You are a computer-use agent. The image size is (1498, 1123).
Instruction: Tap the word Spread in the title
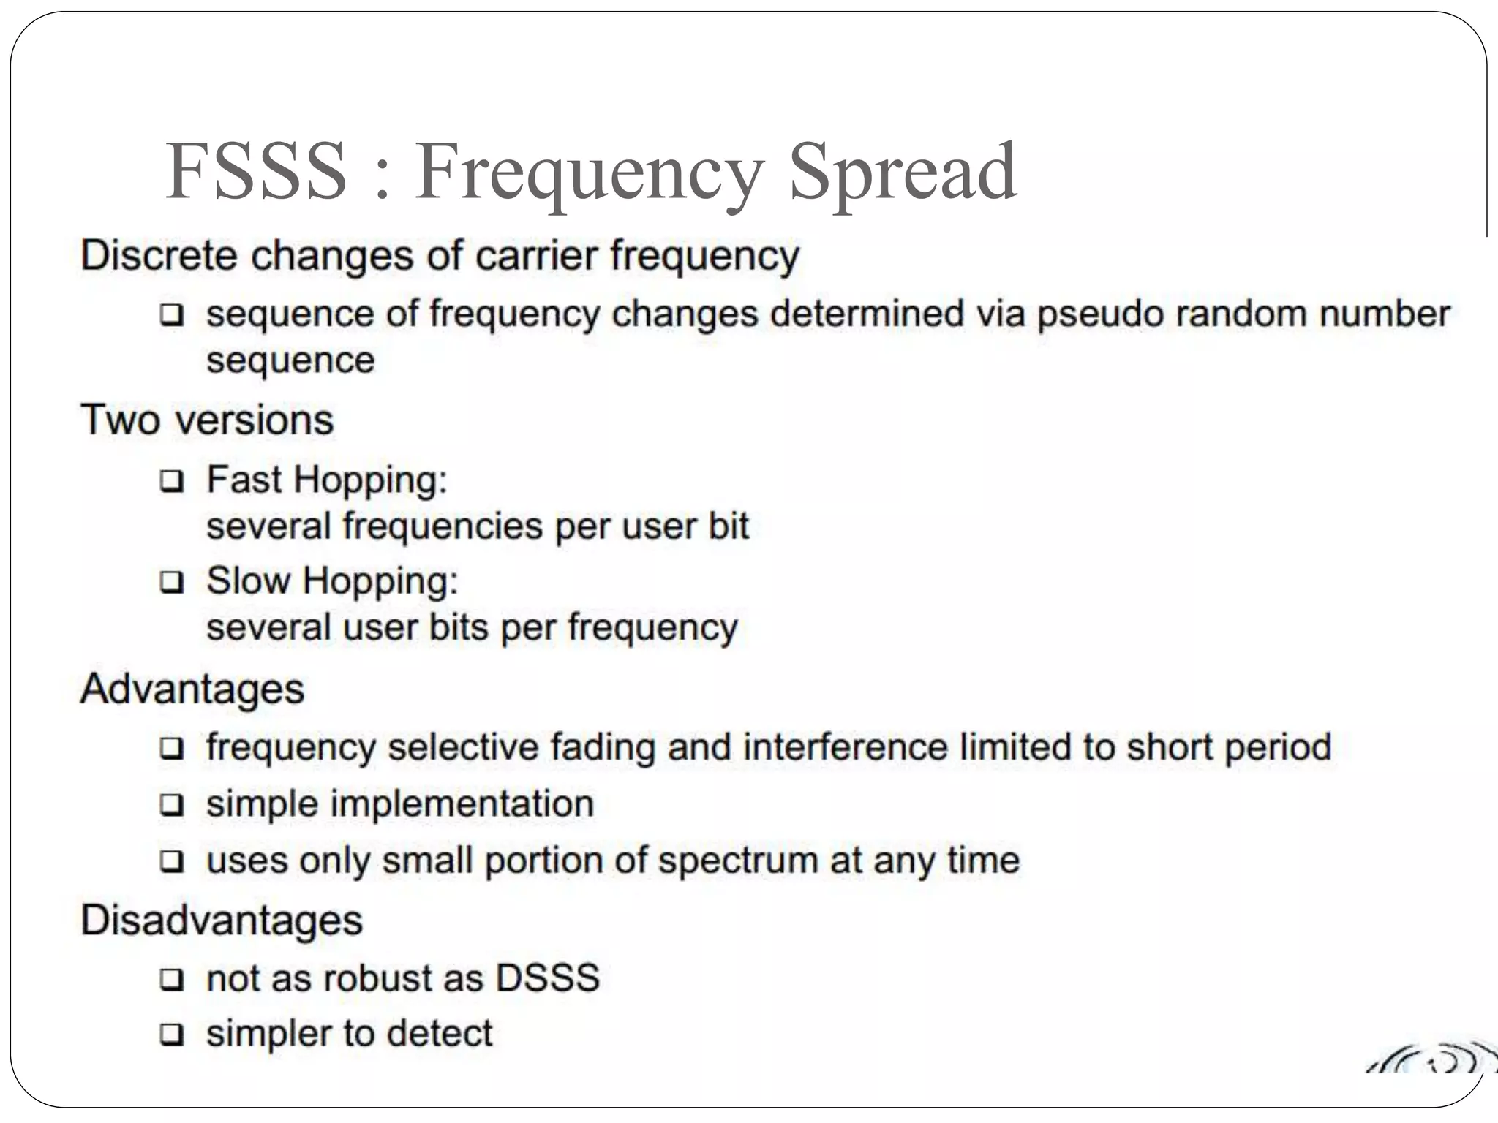click(x=903, y=173)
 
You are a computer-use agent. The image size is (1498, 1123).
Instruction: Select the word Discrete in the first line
click(x=159, y=256)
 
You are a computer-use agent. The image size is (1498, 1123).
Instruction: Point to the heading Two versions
click(x=207, y=420)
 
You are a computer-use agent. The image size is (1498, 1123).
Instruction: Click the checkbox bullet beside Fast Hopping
click(x=172, y=481)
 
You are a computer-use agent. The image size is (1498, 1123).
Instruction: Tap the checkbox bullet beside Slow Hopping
click(x=172, y=582)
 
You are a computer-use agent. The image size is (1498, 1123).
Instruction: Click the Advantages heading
click(x=192, y=689)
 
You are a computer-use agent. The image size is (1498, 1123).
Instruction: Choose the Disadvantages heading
click(x=222, y=920)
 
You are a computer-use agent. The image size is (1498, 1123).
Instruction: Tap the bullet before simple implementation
click(x=172, y=805)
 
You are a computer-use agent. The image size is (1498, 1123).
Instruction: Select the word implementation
click(x=462, y=804)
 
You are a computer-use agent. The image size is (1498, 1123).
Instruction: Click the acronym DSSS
click(x=548, y=978)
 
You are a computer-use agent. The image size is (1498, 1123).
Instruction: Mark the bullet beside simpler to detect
click(x=172, y=1035)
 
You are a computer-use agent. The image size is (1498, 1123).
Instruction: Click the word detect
click(x=440, y=1033)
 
